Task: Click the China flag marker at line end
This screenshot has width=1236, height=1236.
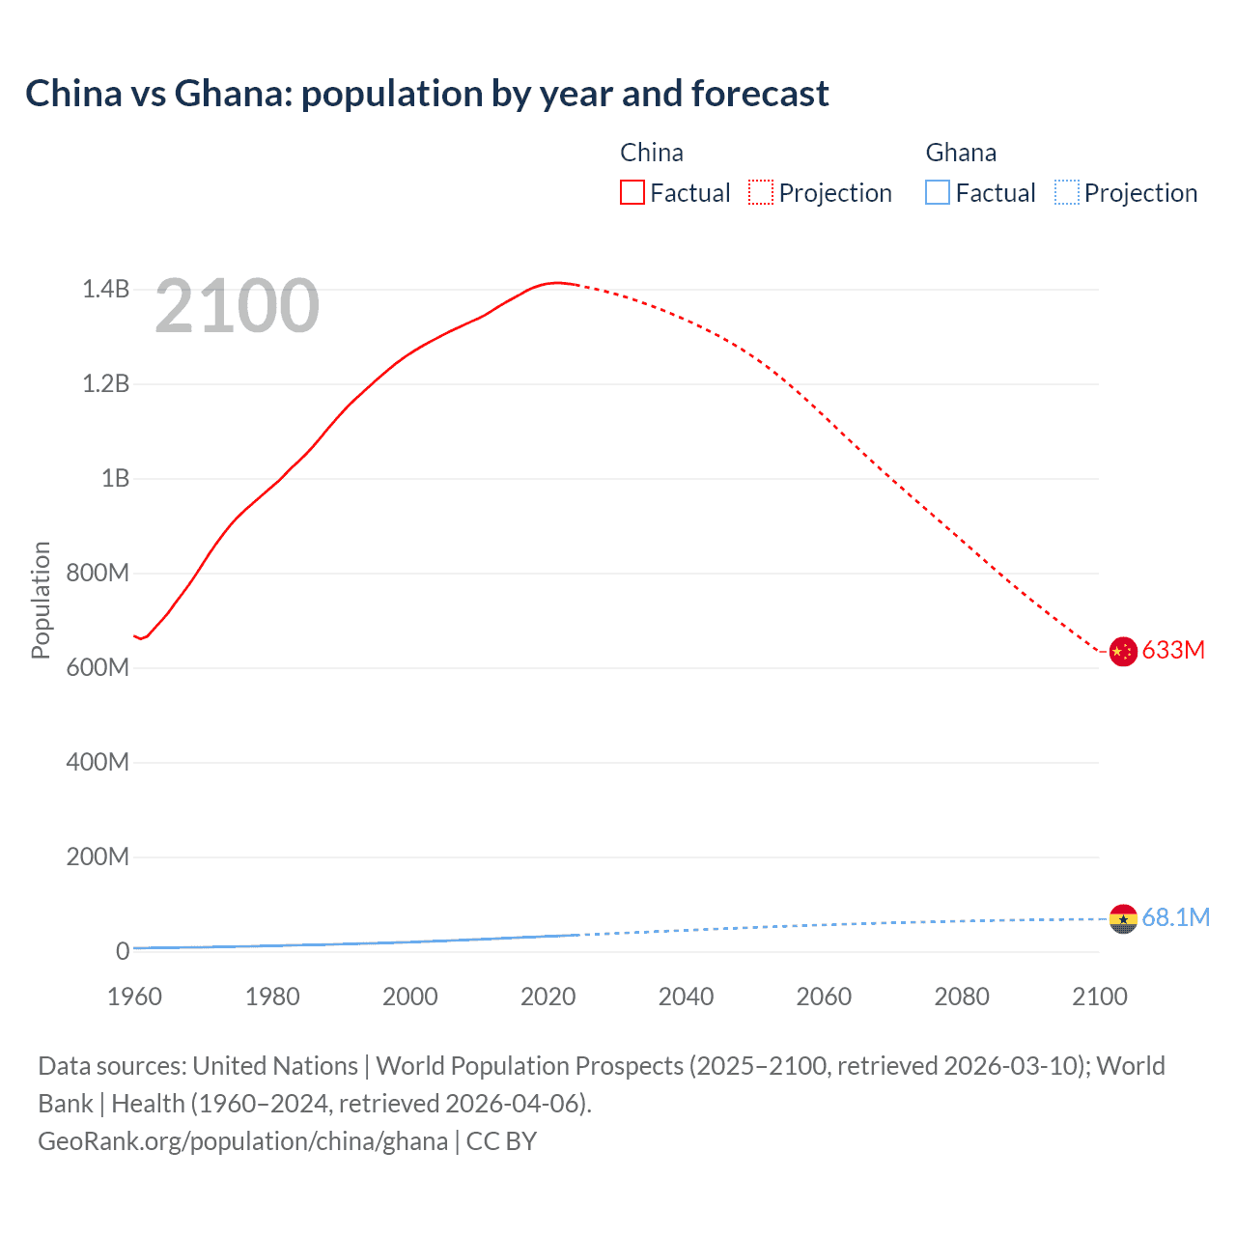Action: point(1122,652)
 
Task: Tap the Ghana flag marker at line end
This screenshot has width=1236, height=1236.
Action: point(1122,918)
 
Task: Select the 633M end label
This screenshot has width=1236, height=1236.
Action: point(1173,651)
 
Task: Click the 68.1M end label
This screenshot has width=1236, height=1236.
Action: point(1175,917)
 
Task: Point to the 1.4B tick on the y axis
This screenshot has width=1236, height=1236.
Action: point(105,290)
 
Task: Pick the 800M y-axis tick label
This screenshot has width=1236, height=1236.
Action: point(98,574)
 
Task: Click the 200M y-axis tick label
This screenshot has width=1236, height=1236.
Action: point(98,857)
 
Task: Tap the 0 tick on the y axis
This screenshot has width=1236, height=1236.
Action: point(123,952)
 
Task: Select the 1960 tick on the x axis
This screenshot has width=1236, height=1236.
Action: point(134,997)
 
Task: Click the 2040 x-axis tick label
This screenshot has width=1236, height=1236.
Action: point(686,997)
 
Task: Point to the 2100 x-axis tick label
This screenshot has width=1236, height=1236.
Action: point(1099,997)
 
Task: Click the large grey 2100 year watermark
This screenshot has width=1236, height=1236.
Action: point(237,306)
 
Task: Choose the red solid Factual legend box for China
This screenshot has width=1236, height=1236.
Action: point(632,193)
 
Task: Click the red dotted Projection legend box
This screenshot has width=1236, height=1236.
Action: point(761,193)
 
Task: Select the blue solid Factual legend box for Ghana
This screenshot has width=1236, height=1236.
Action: point(938,193)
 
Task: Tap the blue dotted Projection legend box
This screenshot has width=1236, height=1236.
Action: point(1066,193)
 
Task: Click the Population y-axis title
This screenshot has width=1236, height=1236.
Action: point(41,601)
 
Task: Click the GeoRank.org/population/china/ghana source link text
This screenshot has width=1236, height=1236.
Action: point(242,1141)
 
